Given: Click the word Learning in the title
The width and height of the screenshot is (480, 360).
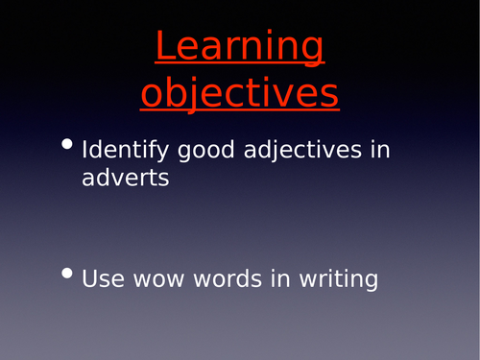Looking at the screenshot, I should tap(240, 48).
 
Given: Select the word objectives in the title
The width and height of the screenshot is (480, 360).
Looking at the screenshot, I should tap(240, 93).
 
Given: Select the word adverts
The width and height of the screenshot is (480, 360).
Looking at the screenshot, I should tap(126, 179).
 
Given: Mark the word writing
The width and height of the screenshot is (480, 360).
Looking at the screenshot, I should tap(340, 279).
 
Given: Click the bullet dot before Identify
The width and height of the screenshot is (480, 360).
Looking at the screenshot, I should tap(66, 145).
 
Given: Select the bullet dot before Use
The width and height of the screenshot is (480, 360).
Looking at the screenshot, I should tap(66, 274).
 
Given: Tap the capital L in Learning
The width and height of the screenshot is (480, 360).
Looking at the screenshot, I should tap(164, 47).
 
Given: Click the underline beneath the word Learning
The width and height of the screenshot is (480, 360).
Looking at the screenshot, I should tap(240, 65).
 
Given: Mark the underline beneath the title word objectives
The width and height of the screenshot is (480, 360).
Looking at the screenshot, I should tap(240, 108).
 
